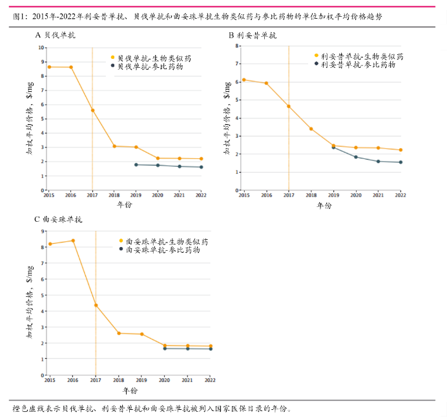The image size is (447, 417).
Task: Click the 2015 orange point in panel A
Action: pos(49,67)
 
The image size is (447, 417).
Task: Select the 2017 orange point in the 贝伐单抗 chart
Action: pos(92,110)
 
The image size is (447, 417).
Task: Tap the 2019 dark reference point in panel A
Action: pos(136,165)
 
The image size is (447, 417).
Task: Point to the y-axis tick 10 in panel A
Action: pos(41,47)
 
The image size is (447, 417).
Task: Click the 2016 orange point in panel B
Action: pos(266,83)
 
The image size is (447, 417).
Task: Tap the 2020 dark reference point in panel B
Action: pos(355,157)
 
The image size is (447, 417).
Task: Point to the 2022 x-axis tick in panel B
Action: pos(400,195)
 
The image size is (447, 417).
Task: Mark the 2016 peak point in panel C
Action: pos(72,241)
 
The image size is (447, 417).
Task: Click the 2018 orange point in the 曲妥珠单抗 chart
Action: pos(119,333)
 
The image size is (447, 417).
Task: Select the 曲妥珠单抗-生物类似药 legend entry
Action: pos(162,241)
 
